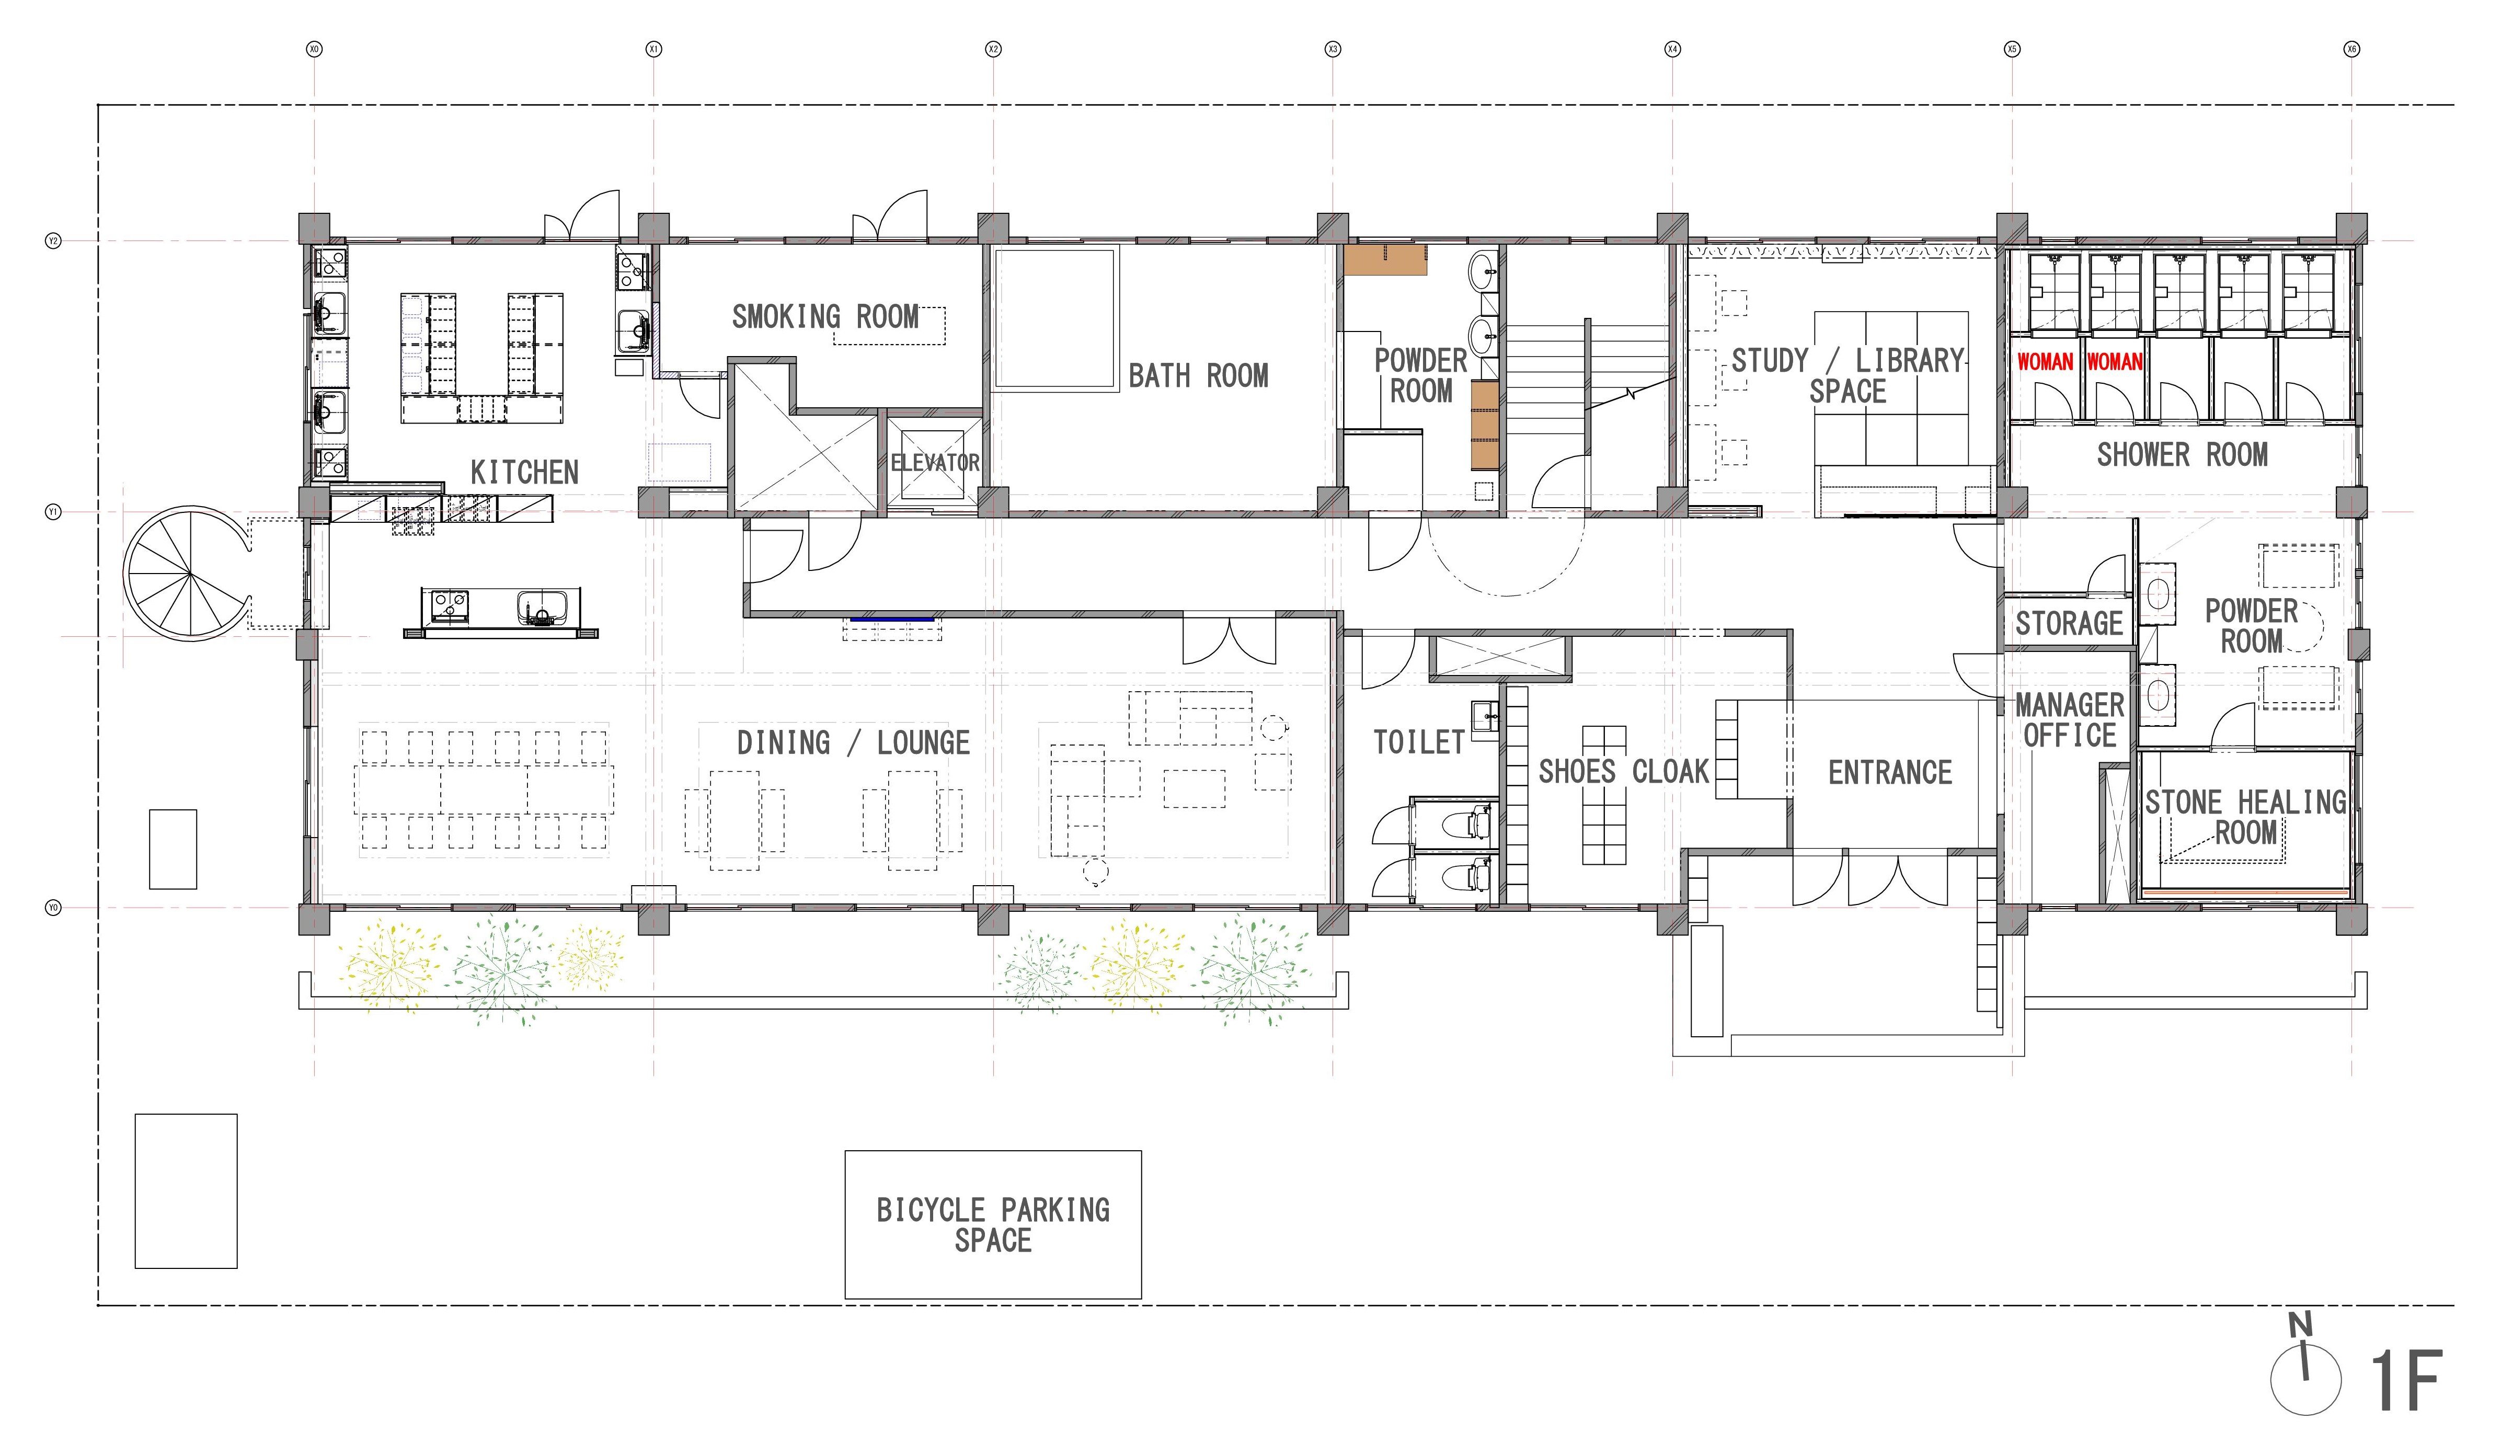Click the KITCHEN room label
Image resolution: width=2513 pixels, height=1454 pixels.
tap(524, 472)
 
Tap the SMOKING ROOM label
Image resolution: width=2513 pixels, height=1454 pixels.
tap(825, 317)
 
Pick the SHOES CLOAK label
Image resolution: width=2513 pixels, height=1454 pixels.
tap(1623, 772)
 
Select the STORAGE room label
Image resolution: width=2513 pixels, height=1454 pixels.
tap(2069, 623)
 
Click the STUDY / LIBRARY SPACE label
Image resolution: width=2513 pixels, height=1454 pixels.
tap(1847, 376)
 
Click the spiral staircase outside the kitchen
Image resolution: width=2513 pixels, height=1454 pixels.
tap(189, 574)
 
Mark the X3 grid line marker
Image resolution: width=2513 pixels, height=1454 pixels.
tap(1333, 49)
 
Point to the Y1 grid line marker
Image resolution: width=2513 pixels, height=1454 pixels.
tap(54, 511)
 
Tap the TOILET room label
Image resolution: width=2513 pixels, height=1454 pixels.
tap(1418, 742)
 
